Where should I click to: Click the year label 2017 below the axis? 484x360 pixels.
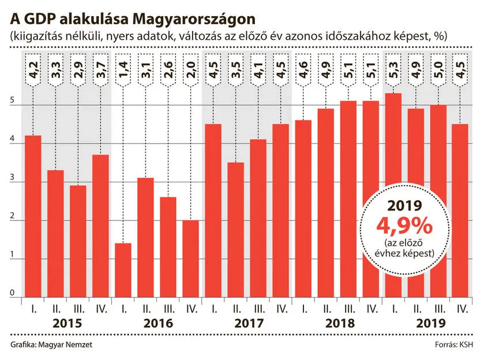click(x=247, y=323)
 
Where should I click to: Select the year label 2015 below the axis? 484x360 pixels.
click(x=66, y=323)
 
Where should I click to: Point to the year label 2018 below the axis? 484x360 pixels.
click(x=337, y=323)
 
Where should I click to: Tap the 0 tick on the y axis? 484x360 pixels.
click(x=12, y=293)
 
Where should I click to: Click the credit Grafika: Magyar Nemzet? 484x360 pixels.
click(x=51, y=345)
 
